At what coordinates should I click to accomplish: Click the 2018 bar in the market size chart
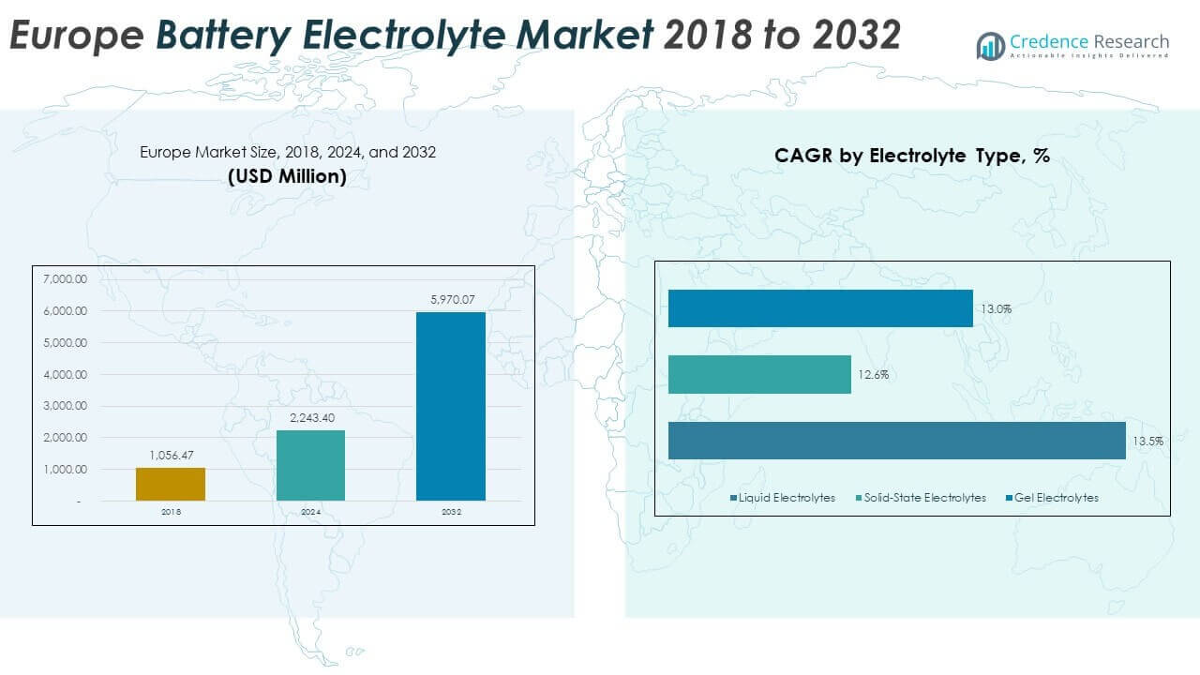click(x=171, y=484)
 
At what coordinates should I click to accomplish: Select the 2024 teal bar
click(x=310, y=465)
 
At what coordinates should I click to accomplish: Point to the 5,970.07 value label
click(x=451, y=300)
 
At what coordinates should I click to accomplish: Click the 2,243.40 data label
click(x=310, y=418)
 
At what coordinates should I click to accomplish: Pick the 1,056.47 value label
click(x=171, y=456)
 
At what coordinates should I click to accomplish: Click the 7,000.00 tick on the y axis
click(x=65, y=279)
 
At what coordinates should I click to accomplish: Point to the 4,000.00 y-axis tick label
click(x=65, y=374)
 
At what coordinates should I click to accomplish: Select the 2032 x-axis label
click(x=451, y=513)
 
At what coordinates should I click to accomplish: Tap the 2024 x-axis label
click(x=310, y=513)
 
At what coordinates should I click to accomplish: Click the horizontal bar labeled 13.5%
click(x=896, y=441)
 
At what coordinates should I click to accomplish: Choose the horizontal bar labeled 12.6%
click(x=759, y=374)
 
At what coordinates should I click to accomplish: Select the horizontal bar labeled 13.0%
click(x=820, y=308)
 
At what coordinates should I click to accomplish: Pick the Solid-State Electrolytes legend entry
click(x=923, y=498)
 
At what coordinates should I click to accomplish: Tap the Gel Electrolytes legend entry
click(x=1054, y=498)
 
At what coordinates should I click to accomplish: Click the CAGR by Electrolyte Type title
click(x=911, y=157)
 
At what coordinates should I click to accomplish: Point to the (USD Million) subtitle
click(x=287, y=175)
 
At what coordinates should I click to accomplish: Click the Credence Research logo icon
click(x=990, y=45)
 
